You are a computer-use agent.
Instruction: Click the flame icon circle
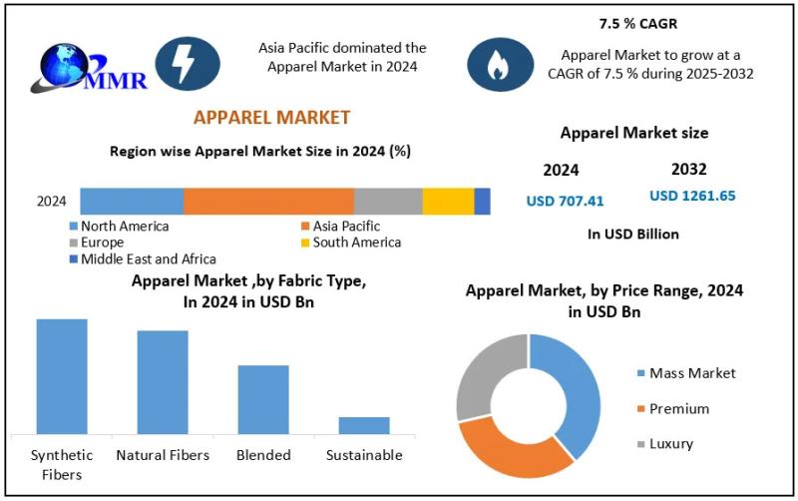(496, 63)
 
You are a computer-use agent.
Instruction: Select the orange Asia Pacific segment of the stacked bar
(268, 201)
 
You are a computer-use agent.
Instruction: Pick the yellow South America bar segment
(448, 201)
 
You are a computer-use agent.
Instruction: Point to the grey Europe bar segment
(388, 201)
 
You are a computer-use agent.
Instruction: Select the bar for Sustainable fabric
(364, 425)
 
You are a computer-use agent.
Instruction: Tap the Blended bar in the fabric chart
(263, 399)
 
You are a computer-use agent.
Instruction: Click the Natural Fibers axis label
(163, 455)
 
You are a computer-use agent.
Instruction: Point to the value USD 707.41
(565, 201)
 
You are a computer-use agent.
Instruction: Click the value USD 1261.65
(692, 196)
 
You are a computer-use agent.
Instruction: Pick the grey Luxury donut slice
(487, 374)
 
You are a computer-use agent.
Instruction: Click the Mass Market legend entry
(691, 373)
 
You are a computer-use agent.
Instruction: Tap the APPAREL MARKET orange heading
(271, 118)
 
